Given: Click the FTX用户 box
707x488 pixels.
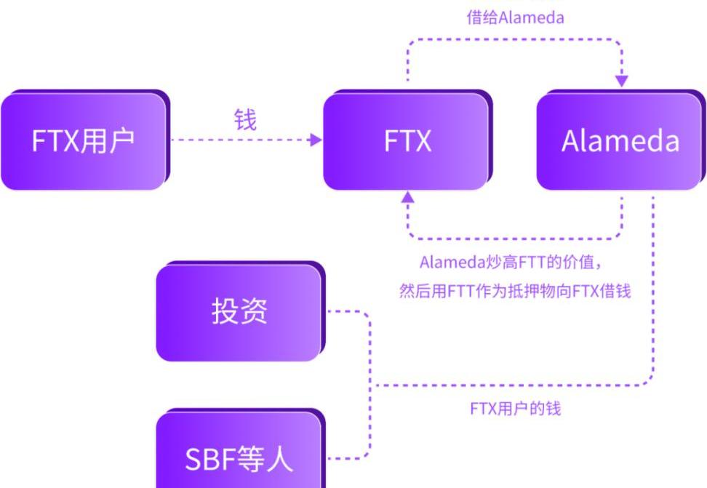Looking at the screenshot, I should (x=83, y=140).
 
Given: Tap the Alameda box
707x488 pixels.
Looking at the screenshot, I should (x=620, y=140).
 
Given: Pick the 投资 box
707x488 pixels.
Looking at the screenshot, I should (x=239, y=311).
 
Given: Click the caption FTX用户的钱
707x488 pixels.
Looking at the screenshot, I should (x=515, y=408).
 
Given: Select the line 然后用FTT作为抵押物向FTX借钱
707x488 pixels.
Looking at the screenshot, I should (x=515, y=291).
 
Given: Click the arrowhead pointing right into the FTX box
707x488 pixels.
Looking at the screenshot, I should (x=316, y=140).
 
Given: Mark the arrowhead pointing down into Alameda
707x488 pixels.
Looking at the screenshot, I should (x=622, y=80).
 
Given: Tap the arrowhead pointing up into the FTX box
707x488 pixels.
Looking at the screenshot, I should (x=408, y=196).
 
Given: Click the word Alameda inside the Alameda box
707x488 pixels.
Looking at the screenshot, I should (x=620, y=140).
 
